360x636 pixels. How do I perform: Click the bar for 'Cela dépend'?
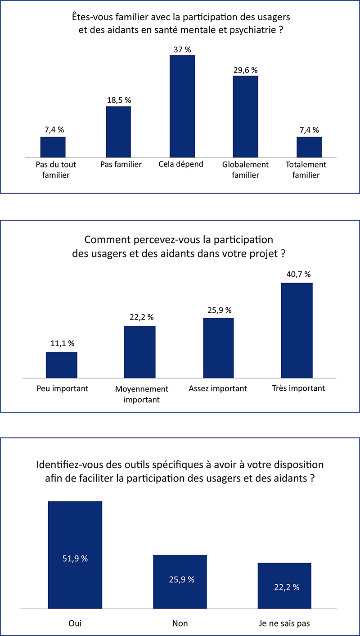click(182, 106)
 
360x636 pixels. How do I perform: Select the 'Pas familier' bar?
click(119, 132)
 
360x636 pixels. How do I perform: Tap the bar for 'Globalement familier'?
click(246, 117)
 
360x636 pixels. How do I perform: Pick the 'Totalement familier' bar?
click(309, 147)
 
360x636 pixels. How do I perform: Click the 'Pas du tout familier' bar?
click(53, 147)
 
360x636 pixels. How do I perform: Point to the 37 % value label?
click(182, 50)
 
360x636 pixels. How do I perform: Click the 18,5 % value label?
click(119, 100)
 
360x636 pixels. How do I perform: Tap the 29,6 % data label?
click(246, 70)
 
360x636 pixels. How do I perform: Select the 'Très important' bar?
click(297, 330)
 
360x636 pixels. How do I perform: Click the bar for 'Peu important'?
click(62, 365)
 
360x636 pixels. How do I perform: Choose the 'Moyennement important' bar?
click(139, 352)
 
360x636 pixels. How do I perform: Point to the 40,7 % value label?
click(298, 274)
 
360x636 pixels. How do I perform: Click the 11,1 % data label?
click(63, 343)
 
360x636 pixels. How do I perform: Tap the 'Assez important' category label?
click(218, 388)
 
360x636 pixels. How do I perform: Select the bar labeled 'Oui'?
click(75, 555)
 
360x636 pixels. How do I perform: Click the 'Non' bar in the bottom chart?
click(180, 582)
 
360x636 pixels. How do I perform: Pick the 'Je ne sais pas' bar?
click(284, 586)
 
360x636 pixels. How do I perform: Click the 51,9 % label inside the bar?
click(75, 559)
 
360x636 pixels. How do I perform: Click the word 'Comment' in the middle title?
click(108, 239)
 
